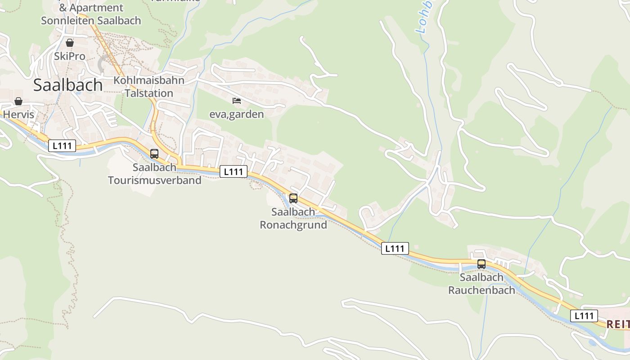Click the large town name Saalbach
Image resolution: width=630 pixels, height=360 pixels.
pyautogui.click(x=68, y=85)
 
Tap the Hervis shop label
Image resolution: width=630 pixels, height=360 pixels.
pyautogui.click(x=18, y=114)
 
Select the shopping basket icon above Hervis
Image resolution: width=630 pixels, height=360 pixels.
pyautogui.click(x=18, y=101)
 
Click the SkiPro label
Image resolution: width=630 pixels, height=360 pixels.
pyautogui.click(x=69, y=56)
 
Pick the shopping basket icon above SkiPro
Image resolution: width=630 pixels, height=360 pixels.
pyautogui.click(x=70, y=43)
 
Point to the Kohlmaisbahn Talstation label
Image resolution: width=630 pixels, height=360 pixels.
pyautogui.click(x=149, y=87)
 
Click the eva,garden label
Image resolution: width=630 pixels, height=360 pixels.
pyautogui.click(x=237, y=114)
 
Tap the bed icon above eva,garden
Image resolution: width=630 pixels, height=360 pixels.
pyautogui.click(x=237, y=100)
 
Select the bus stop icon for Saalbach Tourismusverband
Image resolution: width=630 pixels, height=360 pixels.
pyautogui.click(x=154, y=154)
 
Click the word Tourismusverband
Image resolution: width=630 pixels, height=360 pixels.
pyautogui.click(x=154, y=180)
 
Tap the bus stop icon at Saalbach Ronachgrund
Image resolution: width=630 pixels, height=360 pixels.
pyautogui.click(x=293, y=198)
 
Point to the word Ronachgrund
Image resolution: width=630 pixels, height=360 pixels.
pyautogui.click(x=293, y=225)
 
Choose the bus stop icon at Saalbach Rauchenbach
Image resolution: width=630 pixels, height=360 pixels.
pyautogui.click(x=481, y=264)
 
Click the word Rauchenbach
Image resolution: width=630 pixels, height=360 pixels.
pyautogui.click(x=481, y=290)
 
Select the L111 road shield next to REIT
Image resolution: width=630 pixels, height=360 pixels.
pyautogui.click(x=584, y=316)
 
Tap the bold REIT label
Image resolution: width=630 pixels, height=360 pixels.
pyautogui.click(x=617, y=324)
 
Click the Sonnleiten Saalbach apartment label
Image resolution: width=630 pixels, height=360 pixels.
pyautogui.click(x=91, y=21)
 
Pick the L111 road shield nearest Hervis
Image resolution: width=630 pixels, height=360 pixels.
pyautogui.click(x=62, y=146)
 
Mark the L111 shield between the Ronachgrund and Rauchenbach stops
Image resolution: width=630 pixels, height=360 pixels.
pyautogui.click(x=395, y=248)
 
